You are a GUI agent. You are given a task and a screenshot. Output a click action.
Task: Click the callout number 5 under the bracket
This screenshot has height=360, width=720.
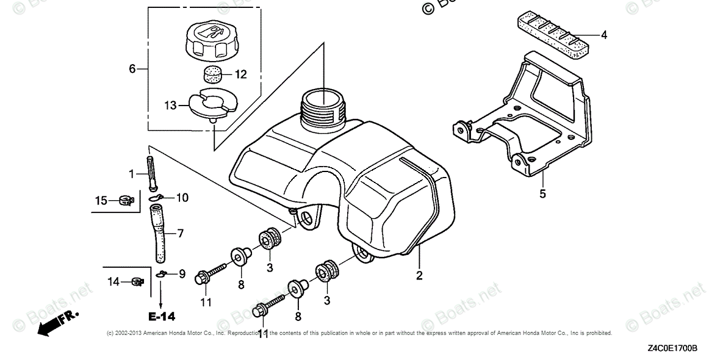[542, 194]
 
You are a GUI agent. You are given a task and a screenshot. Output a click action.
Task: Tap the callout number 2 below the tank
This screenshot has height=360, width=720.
[419, 275]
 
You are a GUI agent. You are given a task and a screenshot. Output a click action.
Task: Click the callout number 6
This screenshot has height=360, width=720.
[132, 69]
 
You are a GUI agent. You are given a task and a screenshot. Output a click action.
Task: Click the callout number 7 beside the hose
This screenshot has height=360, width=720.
[180, 233]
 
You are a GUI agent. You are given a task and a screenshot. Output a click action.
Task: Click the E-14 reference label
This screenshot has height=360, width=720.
[161, 316]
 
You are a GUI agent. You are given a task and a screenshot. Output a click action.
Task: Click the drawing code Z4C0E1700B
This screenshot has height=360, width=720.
[672, 348]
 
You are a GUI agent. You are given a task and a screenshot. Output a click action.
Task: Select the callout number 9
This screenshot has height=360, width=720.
[181, 275]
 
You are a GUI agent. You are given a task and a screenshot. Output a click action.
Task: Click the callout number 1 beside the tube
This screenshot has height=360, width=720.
[131, 174]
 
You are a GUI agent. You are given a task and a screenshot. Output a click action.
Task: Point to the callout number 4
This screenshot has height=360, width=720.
[603, 35]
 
